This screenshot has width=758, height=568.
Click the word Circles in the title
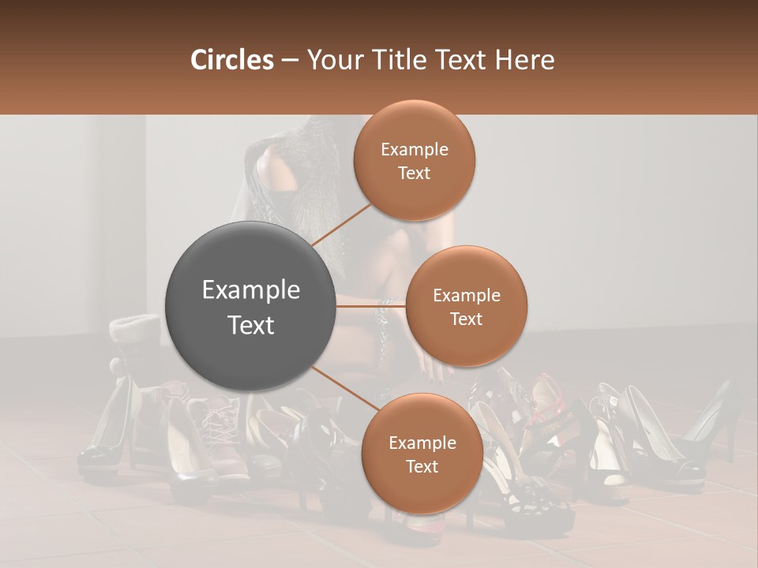pos(231,60)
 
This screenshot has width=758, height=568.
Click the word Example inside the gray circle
pos(251,290)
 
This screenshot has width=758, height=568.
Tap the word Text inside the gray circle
pos(251,325)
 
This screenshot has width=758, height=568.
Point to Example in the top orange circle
pos(415,150)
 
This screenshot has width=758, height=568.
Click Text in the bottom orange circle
pos(422,467)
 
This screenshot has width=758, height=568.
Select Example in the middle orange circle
pos(467,296)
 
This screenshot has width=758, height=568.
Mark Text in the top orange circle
pos(415,174)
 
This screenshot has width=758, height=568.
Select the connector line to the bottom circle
pos(341,387)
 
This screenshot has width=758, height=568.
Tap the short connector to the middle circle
pos(371,305)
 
